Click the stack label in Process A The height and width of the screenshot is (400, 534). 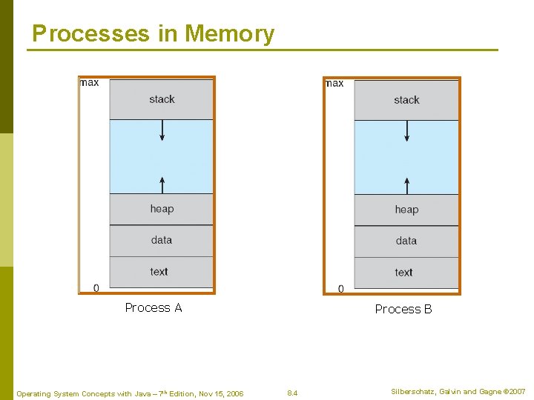pyautogui.click(x=162, y=99)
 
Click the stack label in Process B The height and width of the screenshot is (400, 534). pyautogui.click(x=406, y=100)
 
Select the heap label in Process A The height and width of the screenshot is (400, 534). pyautogui.click(x=162, y=209)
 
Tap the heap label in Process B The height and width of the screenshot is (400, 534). pyautogui.click(x=406, y=210)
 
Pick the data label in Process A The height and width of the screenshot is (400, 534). pyautogui.click(x=162, y=240)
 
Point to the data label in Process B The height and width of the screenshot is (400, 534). pyautogui.click(x=406, y=241)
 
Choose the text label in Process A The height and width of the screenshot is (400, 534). pyautogui.click(x=159, y=272)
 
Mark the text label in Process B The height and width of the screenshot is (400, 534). pyautogui.click(x=404, y=273)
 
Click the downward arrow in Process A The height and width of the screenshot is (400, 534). pyautogui.click(x=162, y=130)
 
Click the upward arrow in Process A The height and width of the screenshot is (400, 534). pyautogui.click(x=162, y=184)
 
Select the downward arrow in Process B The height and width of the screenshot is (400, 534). pyautogui.click(x=407, y=130)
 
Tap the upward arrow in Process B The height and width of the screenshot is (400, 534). pyautogui.click(x=407, y=184)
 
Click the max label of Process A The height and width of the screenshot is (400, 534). pyautogui.click(x=90, y=83)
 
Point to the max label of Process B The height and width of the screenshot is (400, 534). pyautogui.click(x=334, y=84)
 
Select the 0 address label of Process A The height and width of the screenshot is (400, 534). pyautogui.click(x=96, y=287)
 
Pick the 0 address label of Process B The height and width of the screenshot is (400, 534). pyautogui.click(x=341, y=288)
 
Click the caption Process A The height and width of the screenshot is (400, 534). pyautogui.click(x=154, y=308)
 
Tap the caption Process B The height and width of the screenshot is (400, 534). pyautogui.click(x=403, y=310)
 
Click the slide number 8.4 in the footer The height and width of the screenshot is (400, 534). pyautogui.click(x=292, y=393)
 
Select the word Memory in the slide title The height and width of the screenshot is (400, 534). pyautogui.click(x=229, y=33)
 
